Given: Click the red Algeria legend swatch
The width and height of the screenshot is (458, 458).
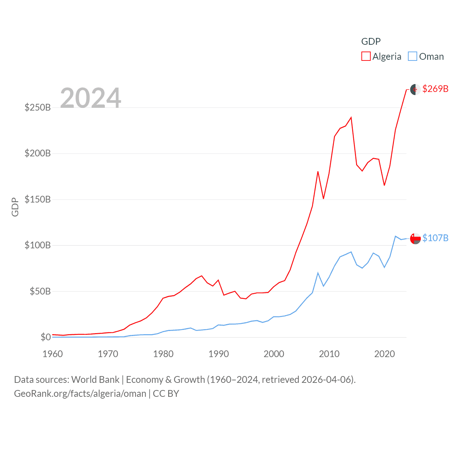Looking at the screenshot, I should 366,57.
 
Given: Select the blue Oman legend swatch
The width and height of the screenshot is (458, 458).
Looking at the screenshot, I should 413,57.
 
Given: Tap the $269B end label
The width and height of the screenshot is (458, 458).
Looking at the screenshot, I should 435,89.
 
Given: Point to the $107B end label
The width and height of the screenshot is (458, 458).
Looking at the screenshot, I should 435,238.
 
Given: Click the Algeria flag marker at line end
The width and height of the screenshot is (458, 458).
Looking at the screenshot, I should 415,89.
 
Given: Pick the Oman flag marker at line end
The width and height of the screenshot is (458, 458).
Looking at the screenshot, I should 415,238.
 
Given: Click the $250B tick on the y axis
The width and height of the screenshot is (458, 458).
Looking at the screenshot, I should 38,107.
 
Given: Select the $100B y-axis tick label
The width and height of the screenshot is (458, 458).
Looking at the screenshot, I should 38,245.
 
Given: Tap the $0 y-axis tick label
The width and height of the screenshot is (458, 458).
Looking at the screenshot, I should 45,337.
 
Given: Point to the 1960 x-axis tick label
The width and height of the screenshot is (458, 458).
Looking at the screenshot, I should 53,354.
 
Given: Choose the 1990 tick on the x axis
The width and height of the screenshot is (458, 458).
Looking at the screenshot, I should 219,354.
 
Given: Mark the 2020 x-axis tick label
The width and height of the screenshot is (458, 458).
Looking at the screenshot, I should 385,354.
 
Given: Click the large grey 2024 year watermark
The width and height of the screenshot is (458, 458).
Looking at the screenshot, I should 91,98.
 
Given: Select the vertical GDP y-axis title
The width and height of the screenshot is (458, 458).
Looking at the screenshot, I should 15,207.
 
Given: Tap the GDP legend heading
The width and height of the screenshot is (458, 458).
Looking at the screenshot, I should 371,42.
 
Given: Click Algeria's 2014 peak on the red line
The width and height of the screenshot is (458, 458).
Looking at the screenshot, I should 351,118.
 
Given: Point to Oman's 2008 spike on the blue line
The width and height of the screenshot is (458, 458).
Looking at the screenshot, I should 318,273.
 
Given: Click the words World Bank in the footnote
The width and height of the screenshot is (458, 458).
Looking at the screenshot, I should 95,379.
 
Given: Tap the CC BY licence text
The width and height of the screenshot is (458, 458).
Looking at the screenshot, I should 166,394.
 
